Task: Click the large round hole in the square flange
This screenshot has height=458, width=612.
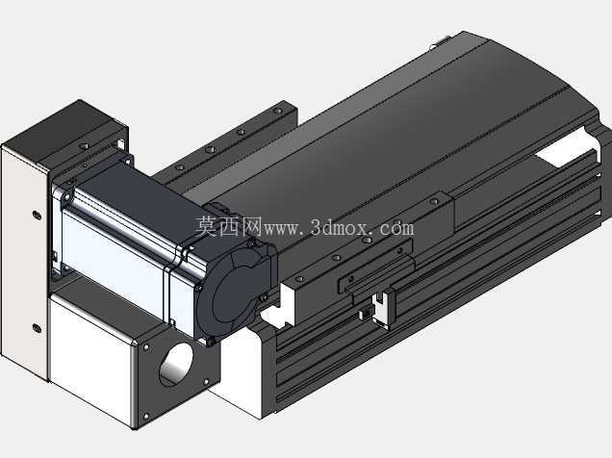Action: (176, 364)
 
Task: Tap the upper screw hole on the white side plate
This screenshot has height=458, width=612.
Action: (37, 215)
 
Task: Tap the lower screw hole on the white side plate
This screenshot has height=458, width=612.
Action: (38, 328)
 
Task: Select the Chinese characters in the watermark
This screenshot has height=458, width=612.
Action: (228, 227)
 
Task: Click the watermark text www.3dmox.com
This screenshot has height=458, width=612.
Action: (339, 227)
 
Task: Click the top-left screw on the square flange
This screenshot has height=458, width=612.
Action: (146, 347)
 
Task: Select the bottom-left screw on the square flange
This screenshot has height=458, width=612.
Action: (146, 417)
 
